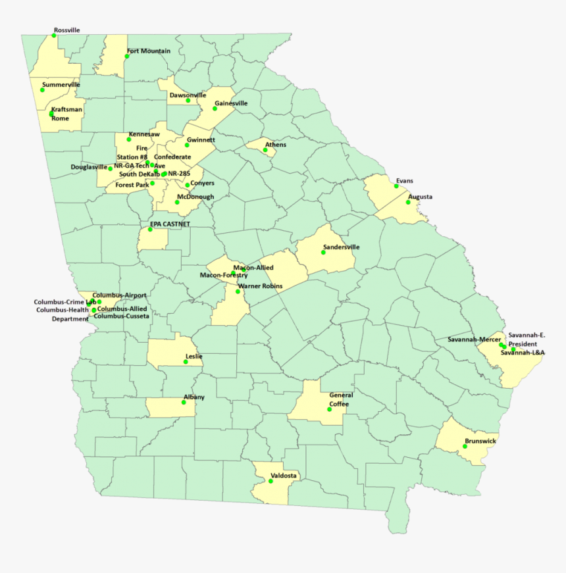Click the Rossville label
[67, 30]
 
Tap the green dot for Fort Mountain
[127, 57]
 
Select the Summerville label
[61, 85]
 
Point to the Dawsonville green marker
[188, 101]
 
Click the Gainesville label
[231, 103]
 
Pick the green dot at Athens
[265, 150]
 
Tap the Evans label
[405, 180]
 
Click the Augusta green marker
[408, 202]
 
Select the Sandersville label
[342, 247]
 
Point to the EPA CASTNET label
[170, 224]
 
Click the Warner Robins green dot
[238, 291]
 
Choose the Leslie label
[194, 357]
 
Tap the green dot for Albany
[184, 402]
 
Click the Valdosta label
[284, 475]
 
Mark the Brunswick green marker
[465, 446]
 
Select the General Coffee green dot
[329, 409]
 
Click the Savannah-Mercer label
[474, 339]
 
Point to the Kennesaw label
[144, 134]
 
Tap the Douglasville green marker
[110, 168]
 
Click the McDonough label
[195, 197]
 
